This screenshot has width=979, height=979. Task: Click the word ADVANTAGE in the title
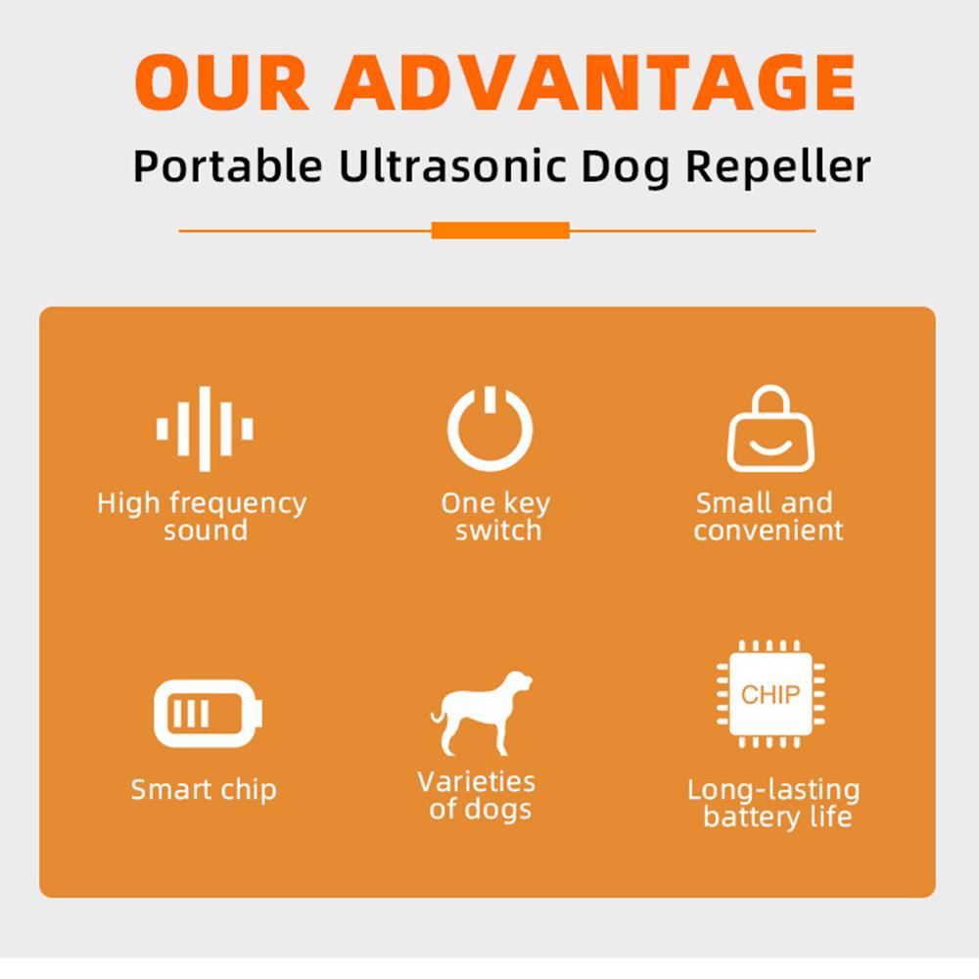pyautogui.click(x=595, y=82)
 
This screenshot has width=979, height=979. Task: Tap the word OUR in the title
pyautogui.click(x=221, y=82)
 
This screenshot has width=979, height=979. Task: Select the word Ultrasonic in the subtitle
pyautogui.click(x=452, y=166)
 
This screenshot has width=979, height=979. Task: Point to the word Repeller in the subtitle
pyautogui.click(x=777, y=167)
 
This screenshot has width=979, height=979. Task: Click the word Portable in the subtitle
pyautogui.click(x=228, y=166)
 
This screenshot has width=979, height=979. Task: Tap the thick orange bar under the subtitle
pyautogui.click(x=500, y=230)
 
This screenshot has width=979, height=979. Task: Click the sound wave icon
pyautogui.click(x=205, y=429)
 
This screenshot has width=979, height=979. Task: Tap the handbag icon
pyautogui.click(x=770, y=429)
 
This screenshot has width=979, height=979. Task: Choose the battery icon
pyautogui.click(x=208, y=714)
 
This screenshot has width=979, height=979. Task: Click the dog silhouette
pyautogui.click(x=482, y=713)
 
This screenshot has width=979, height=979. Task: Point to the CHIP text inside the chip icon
pyautogui.click(x=770, y=694)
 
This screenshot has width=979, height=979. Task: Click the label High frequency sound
pyautogui.click(x=203, y=516)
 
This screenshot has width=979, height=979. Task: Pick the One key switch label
pyautogui.click(x=495, y=516)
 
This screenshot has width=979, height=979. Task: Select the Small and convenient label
pyautogui.click(x=768, y=516)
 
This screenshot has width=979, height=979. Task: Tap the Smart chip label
pyautogui.click(x=204, y=790)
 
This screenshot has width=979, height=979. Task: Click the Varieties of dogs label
pyautogui.click(x=477, y=795)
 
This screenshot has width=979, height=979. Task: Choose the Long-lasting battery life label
pyautogui.click(x=774, y=804)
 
